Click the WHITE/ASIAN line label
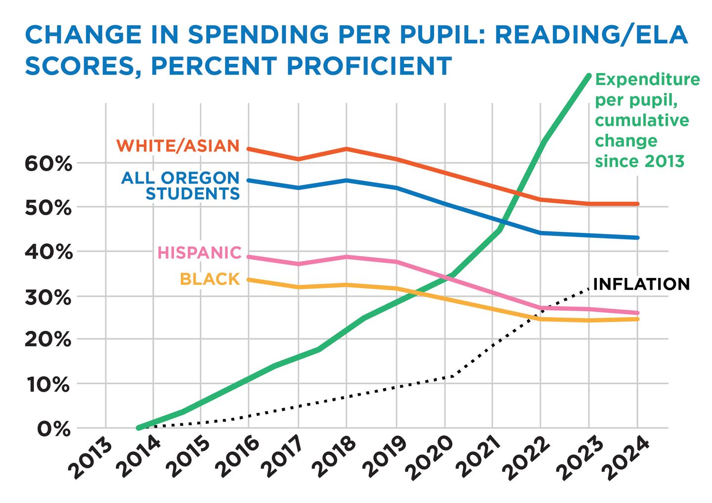point(178,146)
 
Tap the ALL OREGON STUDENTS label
point(180,185)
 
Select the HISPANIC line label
point(199,253)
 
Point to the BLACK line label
point(210,279)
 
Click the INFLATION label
point(641,284)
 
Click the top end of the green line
point(588,76)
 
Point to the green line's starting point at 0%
point(139,427)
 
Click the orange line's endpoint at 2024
point(637,204)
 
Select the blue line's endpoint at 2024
point(637,237)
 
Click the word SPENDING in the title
point(256,35)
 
